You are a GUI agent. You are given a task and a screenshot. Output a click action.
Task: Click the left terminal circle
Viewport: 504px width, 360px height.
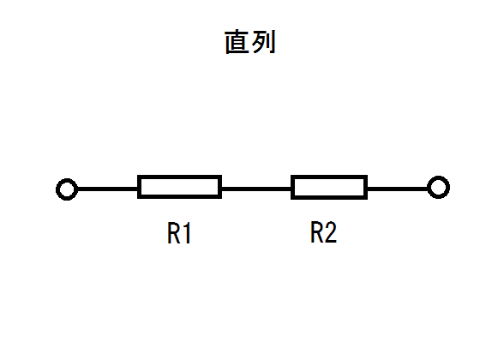[x=57, y=189]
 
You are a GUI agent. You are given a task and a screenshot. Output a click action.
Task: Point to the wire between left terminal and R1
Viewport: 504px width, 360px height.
[x=108, y=189]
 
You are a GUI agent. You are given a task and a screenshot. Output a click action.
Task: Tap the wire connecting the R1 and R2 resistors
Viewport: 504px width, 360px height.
[x=256, y=189]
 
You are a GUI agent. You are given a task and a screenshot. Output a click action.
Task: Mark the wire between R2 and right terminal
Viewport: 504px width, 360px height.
[x=398, y=189]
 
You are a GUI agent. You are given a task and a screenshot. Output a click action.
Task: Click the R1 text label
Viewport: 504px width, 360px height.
[x=179, y=233]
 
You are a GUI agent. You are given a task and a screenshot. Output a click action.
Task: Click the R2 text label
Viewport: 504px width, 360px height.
[x=324, y=231]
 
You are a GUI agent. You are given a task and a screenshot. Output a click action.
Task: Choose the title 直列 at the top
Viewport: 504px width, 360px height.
[x=250, y=42]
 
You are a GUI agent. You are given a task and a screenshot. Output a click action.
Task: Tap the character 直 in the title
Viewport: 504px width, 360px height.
[x=237, y=42]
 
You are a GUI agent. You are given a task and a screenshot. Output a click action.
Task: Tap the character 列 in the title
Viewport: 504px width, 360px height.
[x=264, y=42]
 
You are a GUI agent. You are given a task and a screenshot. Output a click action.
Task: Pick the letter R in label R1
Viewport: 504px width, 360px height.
[x=173, y=233]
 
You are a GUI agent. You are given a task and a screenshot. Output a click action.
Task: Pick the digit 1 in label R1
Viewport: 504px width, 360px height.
[x=188, y=233]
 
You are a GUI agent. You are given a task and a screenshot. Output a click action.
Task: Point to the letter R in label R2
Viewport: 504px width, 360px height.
[x=317, y=231]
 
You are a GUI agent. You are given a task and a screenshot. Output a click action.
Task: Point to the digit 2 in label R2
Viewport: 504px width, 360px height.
[x=331, y=231]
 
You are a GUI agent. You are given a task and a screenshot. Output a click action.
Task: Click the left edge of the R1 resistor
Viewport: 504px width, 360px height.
[x=139, y=187]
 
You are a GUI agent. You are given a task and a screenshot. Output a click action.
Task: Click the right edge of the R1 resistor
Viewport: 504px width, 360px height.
[x=219, y=187]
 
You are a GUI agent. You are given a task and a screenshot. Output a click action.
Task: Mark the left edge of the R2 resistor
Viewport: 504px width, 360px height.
[x=293, y=187]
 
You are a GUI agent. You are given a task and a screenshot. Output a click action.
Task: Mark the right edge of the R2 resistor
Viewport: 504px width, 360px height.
[x=366, y=187]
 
